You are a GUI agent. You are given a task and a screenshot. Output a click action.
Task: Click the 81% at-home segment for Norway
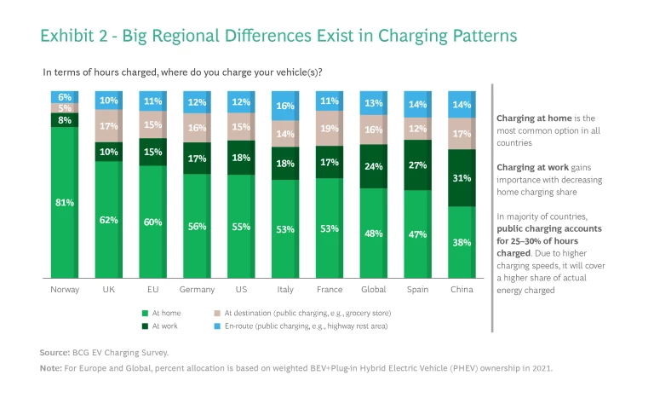65,203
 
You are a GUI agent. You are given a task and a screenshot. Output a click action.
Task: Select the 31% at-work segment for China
462,178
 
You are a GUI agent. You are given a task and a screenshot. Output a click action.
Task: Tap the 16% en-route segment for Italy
284,106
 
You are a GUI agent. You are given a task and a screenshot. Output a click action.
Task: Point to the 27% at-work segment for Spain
417,164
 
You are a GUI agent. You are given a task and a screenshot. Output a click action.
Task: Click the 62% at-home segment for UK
108,219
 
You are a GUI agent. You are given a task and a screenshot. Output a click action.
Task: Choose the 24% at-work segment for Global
373,166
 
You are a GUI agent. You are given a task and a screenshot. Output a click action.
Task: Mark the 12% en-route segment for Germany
197,102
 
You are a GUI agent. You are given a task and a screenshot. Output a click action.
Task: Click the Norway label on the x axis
65,290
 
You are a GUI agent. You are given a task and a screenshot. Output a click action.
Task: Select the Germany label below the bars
197,290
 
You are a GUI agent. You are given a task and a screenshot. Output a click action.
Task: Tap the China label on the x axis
462,290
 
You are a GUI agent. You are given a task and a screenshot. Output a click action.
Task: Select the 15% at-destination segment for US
240,127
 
